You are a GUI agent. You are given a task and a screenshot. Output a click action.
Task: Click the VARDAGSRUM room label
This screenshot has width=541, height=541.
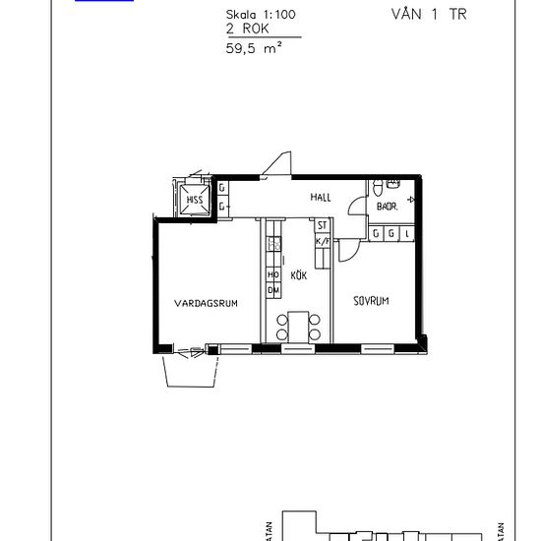[207, 303]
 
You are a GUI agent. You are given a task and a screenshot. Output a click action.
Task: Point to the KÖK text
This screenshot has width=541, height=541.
[299, 276]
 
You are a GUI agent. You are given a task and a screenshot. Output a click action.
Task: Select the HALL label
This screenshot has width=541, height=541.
[321, 198]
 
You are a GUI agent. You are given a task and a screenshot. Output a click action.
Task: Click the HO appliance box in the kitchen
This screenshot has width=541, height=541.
[272, 274]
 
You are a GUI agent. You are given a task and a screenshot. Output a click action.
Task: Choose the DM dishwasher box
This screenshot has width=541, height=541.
[272, 291]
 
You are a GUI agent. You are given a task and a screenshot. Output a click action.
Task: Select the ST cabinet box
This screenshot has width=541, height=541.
[321, 225]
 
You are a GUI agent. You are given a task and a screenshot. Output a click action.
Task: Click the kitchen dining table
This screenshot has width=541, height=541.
[298, 325]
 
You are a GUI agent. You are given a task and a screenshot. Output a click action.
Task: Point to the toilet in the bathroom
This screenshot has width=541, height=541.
[378, 187]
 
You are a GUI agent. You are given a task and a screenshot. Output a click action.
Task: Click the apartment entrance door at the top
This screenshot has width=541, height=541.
[281, 165]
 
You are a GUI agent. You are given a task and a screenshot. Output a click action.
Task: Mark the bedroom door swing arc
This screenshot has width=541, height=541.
[348, 250]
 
